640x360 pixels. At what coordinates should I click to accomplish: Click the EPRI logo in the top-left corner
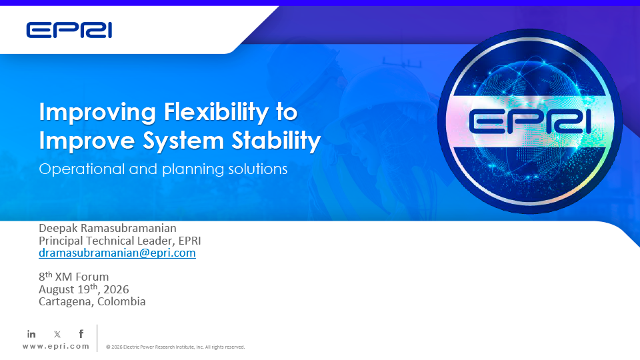(69, 31)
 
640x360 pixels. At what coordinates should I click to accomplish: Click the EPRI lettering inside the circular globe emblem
(530, 121)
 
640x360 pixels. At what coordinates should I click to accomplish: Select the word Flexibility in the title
(216, 112)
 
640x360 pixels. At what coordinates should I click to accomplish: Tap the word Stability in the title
(276, 141)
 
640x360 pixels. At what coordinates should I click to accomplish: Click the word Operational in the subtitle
(81, 169)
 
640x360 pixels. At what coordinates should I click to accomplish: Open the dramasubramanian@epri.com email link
(117, 253)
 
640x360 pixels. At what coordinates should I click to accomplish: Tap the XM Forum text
(81, 277)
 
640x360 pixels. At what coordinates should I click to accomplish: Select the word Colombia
(121, 301)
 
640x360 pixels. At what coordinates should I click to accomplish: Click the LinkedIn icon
(31, 334)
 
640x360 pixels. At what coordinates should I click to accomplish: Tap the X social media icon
(57, 334)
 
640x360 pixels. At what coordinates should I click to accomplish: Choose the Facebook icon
(81, 334)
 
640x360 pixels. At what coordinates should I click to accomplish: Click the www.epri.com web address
(56, 346)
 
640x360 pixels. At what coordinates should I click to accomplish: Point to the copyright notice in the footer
(175, 347)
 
